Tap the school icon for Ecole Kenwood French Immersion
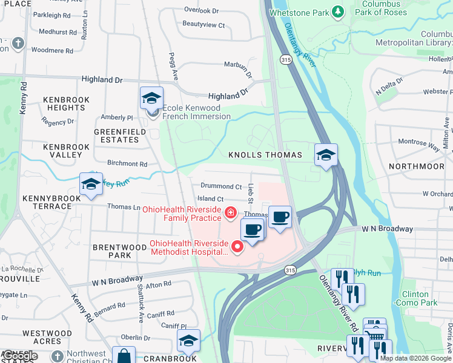(151, 97)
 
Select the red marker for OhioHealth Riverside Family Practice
(230, 212)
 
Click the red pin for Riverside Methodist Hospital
(237, 245)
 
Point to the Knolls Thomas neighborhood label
(265, 155)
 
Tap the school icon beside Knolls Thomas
(326, 155)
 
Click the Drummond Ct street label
(221, 187)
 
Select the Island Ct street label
(210, 198)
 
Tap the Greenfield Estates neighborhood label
(116, 136)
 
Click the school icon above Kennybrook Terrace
(91, 184)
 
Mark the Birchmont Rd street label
(127, 164)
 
